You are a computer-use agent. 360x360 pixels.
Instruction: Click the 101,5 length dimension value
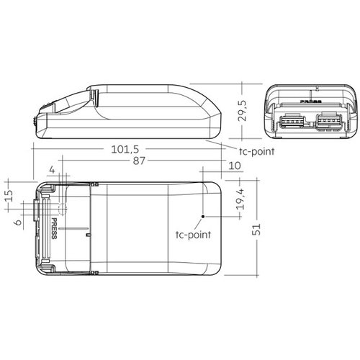125,149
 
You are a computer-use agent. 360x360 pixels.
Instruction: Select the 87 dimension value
139,161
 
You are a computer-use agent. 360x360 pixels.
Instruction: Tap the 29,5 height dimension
243,111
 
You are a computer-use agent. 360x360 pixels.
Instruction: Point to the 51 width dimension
256,230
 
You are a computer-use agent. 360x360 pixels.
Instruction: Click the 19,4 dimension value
240,199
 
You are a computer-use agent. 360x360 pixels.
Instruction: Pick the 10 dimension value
235,166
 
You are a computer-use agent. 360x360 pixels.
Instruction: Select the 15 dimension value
9,196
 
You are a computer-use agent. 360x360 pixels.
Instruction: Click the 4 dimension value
52,170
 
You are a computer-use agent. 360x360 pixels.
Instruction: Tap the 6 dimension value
18,222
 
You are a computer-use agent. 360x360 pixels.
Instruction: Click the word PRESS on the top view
55,228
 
